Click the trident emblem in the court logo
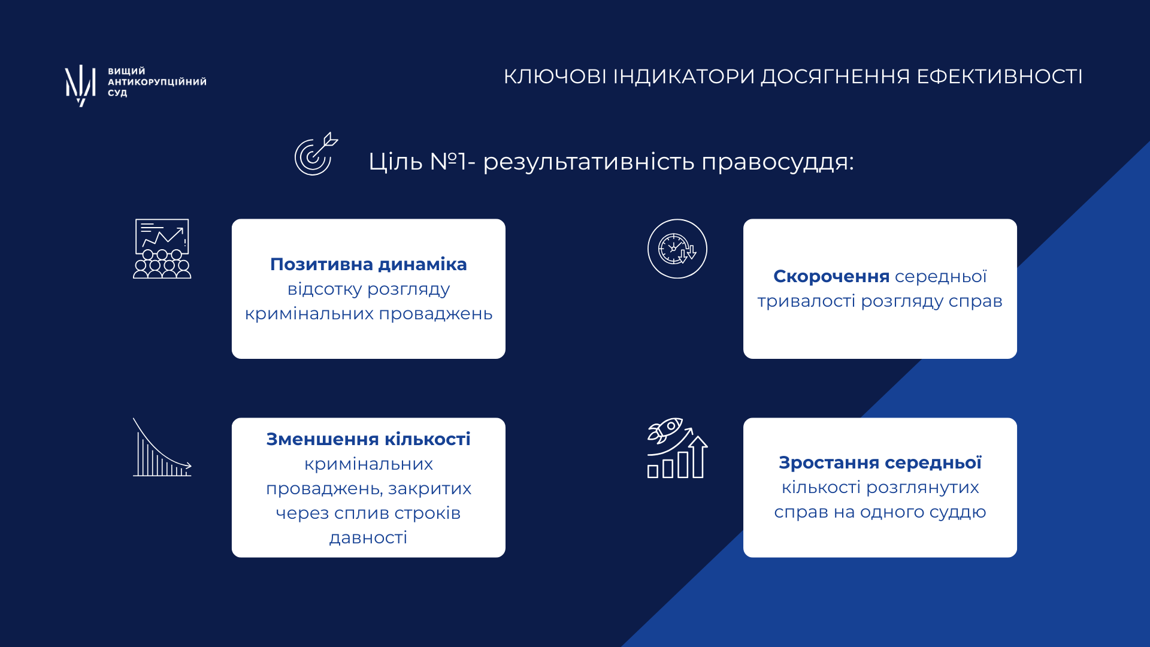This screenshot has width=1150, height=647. [x=80, y=85]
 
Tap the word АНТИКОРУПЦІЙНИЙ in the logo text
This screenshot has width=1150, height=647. [x=157, y=81]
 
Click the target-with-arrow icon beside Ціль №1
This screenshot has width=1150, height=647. [x=316, y=154]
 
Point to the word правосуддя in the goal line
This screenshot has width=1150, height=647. [x=777, y=162]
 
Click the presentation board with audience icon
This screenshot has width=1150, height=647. [x=162, y=249]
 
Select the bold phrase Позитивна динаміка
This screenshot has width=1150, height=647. [x=368, y=264]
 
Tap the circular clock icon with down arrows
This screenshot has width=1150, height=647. [x=677, y=249]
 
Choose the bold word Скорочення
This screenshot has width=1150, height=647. [x=831, y=276]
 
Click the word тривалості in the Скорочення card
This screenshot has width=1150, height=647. [x=806, y=301]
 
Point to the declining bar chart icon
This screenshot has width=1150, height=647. [x=162, y=448]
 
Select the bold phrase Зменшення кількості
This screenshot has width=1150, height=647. [x=368, y=439]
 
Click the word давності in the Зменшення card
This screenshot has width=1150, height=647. [x=368, y=538]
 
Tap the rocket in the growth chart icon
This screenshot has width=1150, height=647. [x=665, y=430]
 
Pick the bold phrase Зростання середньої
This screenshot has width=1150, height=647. [x=880, y=462]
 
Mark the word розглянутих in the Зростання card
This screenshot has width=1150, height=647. [x=922, y=488]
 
